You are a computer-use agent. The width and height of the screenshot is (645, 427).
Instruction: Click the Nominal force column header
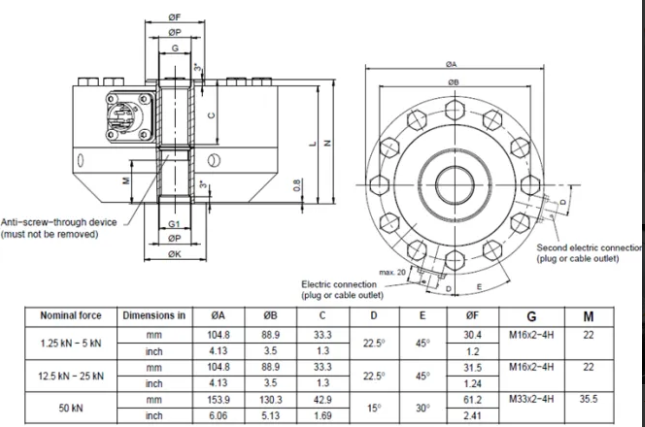click(67, 315)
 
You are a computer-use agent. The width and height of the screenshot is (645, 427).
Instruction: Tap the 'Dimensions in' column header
click(154, 315)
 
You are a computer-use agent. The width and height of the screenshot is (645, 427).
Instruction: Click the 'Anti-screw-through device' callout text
click(59, 222)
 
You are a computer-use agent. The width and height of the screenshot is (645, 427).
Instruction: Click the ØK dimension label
click(174, 255)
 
